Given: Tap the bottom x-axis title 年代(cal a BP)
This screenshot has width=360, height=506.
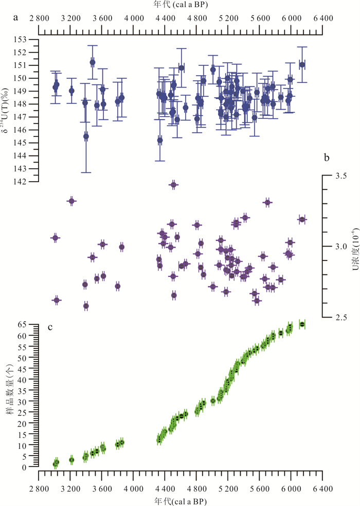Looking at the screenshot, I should coord(180,500).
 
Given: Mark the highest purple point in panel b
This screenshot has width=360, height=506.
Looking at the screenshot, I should coord(173,185).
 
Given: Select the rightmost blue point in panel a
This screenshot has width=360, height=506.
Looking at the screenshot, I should coord(302,65).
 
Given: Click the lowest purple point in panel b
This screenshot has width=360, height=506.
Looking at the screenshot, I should coord(86,306).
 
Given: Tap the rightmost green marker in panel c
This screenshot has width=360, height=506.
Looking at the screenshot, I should coord(302,324).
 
